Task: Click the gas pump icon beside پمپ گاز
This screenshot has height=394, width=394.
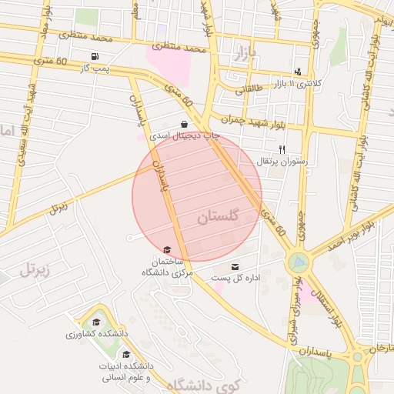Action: click(x=95, y=56)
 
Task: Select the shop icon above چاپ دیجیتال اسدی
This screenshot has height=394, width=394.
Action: click(x=185, y=124)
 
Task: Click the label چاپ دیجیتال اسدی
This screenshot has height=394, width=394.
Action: click(x=185, y=136)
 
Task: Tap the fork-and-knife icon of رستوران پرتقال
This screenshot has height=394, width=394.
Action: click(x=282, y=149)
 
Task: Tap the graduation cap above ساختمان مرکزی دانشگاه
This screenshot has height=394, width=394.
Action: click(x=167, y=250)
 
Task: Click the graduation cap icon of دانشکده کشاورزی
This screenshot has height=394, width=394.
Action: click(x=96, y=322)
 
